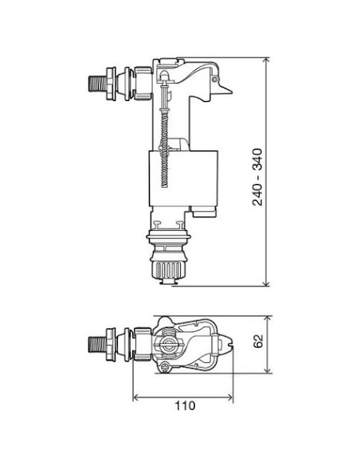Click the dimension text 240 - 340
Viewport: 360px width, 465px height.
pos(257,176)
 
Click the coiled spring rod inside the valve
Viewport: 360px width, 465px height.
pos(164,143)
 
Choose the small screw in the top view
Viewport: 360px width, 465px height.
pos(165,366)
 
